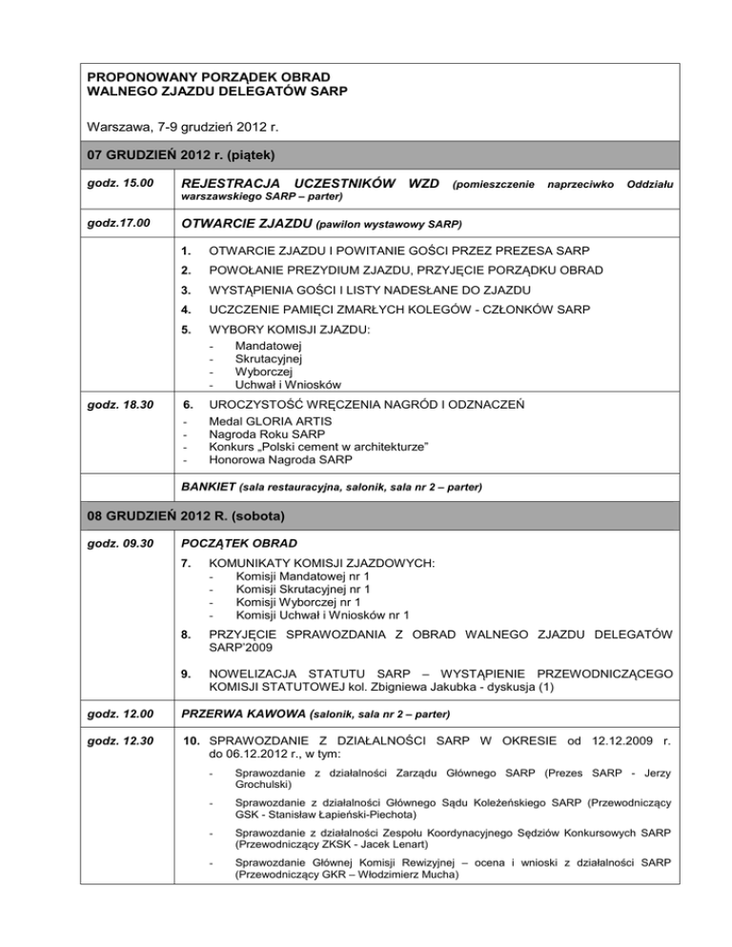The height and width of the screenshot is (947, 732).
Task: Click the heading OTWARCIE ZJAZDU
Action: [x=250, y=225]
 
